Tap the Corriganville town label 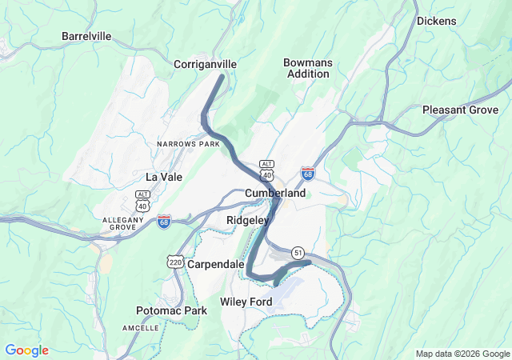206,63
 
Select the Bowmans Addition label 306,68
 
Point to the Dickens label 436,21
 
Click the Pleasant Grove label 460,110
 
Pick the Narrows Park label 188,144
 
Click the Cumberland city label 275,194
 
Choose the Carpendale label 216,264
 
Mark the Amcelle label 142,328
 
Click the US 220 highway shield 175,261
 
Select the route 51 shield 298,252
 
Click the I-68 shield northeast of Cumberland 308,174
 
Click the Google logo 26,350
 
